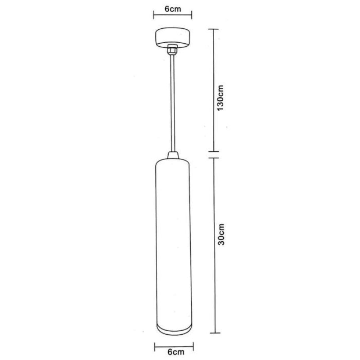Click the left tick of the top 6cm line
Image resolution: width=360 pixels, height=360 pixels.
[154, 17]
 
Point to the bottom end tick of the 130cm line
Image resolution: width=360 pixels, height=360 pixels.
[213, 152]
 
